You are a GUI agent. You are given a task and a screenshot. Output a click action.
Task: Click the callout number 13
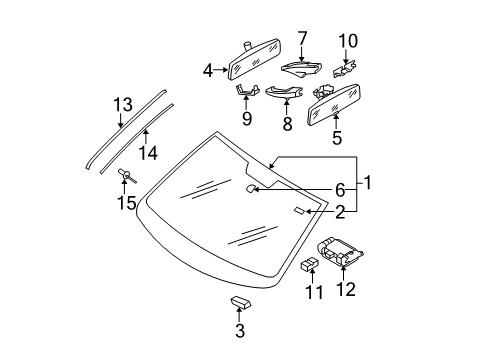tap(123, 104)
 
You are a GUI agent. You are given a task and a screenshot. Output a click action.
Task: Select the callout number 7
tap(302, 38)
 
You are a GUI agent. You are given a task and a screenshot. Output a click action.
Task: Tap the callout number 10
tap(348, 41)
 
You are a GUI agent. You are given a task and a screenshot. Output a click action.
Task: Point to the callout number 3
tap(240, 331)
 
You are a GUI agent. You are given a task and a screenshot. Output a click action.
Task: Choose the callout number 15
tap(127, 203)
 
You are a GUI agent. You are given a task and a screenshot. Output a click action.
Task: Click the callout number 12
tap(346, 289)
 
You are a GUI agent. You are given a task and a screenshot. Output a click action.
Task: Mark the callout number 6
tap(340, 190)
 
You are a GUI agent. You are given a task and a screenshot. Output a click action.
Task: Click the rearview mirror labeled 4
tap(254, 59)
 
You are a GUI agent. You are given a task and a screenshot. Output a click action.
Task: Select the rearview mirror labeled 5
tap(333, 105)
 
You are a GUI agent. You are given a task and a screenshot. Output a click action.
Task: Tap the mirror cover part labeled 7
tap(301, 68)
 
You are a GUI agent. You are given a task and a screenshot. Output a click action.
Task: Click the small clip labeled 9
tap(247, 90)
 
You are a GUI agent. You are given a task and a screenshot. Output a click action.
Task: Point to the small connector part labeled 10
tap(345, 69)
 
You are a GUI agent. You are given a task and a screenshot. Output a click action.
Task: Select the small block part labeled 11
tap(309, 263)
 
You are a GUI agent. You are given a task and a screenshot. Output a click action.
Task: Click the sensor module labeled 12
tap(339, 252)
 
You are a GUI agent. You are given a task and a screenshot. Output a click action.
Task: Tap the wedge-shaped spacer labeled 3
tap(241, 302)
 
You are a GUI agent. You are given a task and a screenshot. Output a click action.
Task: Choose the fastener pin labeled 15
tap(127, 176)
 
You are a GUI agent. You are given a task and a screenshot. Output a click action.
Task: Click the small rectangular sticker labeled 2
tap(299, 210)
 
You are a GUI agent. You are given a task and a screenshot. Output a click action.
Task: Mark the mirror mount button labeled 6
tap(251, 188)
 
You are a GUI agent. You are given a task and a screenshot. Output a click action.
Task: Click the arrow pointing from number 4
tap(221, 70)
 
